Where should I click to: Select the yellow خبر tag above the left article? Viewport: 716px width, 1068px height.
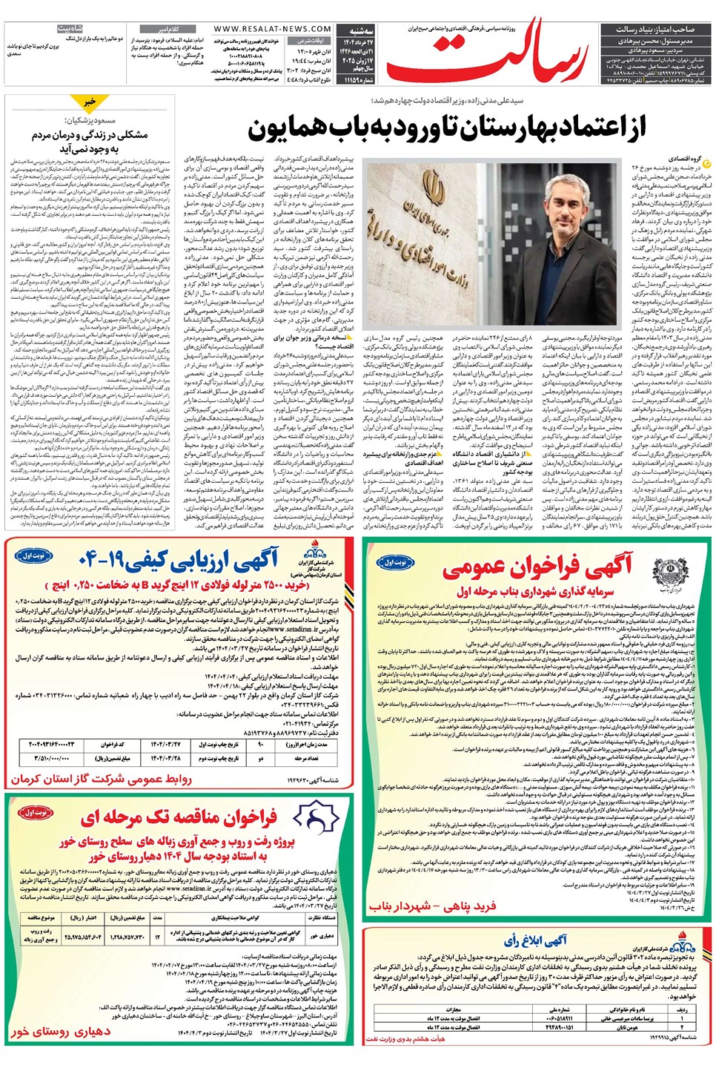click(90, 101)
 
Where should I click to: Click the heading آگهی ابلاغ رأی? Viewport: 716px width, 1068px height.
click(535, 940)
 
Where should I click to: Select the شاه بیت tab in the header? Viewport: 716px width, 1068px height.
click(70, 28)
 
